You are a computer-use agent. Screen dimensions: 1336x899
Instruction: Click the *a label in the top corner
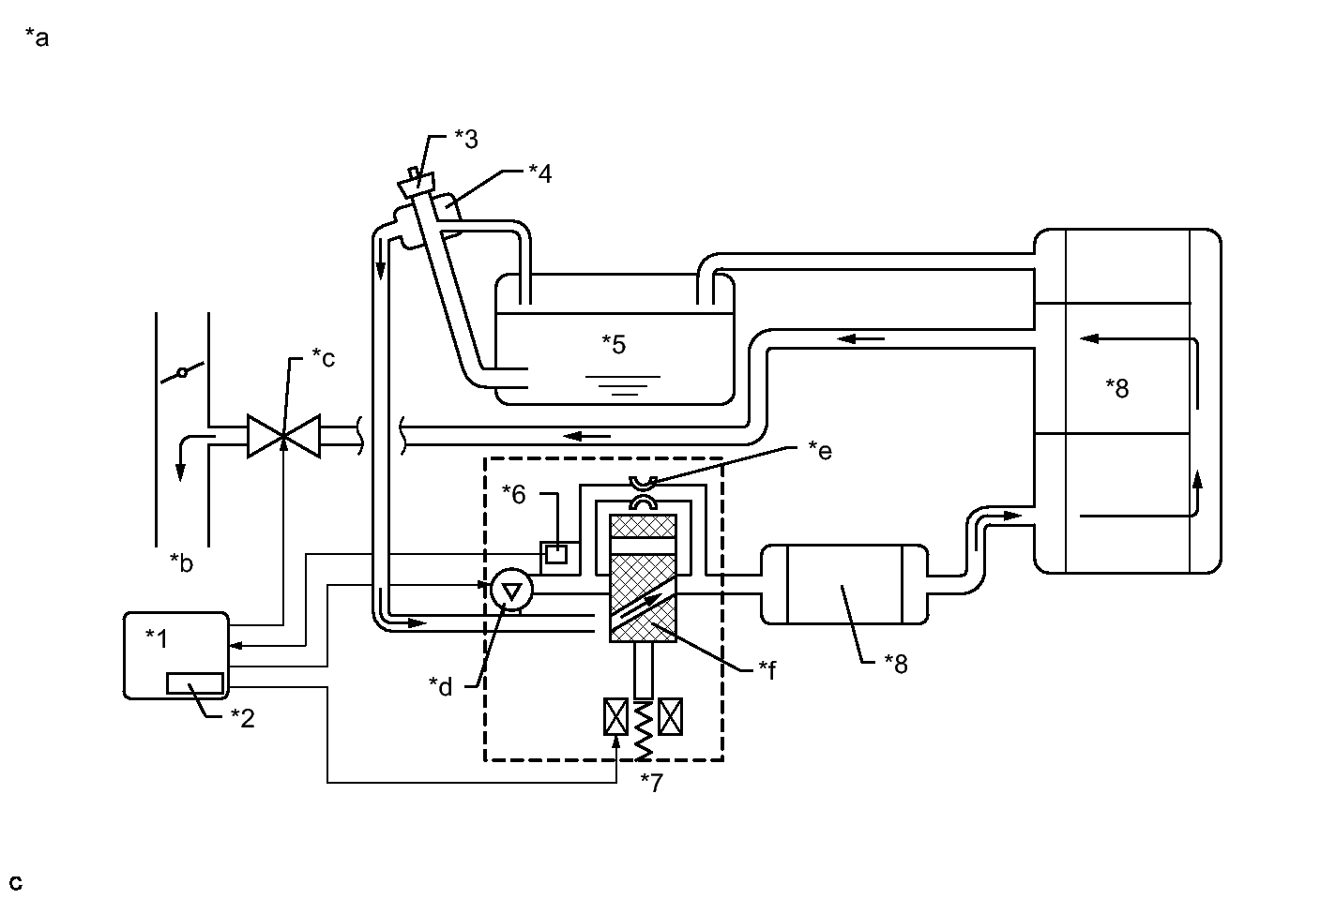tap(37, 37)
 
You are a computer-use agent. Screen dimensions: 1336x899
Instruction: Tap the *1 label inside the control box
tap(157, 638)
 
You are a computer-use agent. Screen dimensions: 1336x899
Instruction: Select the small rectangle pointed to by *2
tap(195, 682)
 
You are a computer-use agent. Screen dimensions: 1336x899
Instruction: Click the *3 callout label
tap(466, 139)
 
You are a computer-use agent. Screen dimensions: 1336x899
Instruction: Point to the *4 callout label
tap(540, 173)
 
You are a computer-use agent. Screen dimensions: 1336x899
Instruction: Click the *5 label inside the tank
tap(614, 344)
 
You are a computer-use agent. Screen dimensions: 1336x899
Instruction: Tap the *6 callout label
tap(513, 494)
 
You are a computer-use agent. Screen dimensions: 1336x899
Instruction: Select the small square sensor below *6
tap(556, 555)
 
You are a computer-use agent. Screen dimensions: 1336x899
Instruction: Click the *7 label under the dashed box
tap(651, 783)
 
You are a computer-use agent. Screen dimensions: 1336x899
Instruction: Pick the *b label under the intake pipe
tap(181, 563)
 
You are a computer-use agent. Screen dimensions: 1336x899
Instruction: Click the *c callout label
tap(324, 358)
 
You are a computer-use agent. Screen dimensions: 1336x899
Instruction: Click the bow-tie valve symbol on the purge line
tap(283, 437)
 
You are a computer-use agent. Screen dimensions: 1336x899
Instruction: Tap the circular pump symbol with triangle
tap(511, 590)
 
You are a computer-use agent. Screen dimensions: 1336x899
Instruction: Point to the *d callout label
tap(441, 686)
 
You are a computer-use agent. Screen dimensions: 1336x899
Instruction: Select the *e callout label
tap(820, 451)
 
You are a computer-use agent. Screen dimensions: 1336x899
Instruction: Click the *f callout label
tap(767, 669)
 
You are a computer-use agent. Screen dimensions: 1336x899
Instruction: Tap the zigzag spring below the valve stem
tap(643, 731)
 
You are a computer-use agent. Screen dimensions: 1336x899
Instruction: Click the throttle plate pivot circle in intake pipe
tap(183, 373)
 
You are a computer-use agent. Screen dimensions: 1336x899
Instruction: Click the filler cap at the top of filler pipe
tap(417, 182)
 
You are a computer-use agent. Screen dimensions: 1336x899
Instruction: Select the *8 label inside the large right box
tap(1117, 388)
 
